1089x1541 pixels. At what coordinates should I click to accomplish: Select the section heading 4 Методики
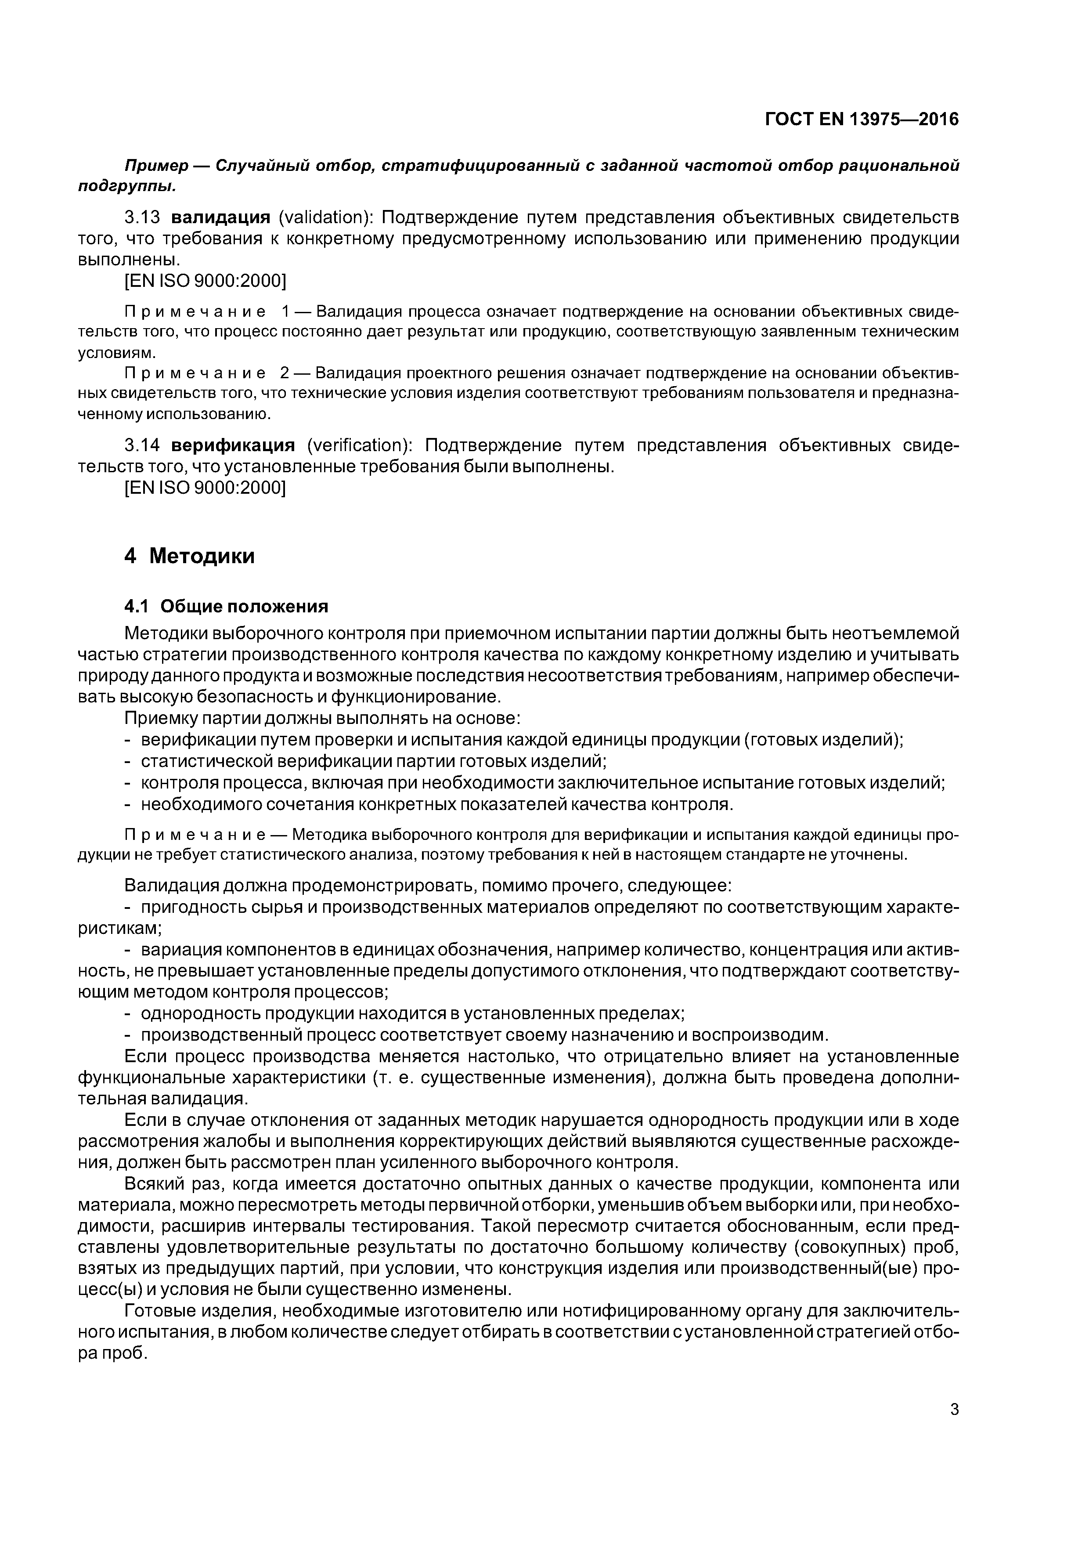(x=190, y=556)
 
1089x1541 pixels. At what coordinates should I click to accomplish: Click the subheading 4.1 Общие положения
(x=227, y=606)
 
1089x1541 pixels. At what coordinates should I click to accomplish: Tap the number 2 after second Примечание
(x=285, y=373)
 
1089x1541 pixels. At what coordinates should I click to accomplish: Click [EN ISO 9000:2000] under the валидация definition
(x=206, y=281)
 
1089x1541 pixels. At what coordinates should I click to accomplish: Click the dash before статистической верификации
(x=128, y=762)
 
